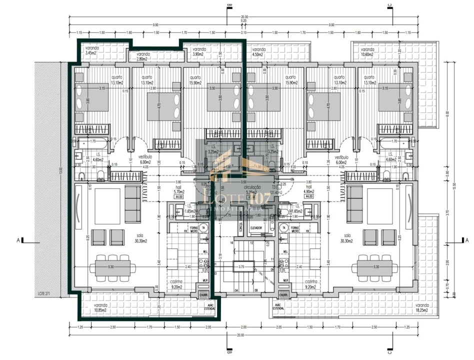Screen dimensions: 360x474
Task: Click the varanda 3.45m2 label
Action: point(92,50)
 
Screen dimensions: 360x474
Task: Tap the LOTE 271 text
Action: point(45,294)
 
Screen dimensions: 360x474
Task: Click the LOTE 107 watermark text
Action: point(235,198)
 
